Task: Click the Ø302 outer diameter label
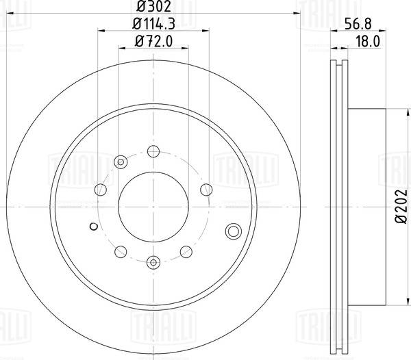153,8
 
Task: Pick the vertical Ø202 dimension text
400,209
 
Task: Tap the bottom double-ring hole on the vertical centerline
153,260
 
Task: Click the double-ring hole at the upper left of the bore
121,162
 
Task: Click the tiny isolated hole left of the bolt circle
92,227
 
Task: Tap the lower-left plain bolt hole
119,250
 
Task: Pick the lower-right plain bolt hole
186,250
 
